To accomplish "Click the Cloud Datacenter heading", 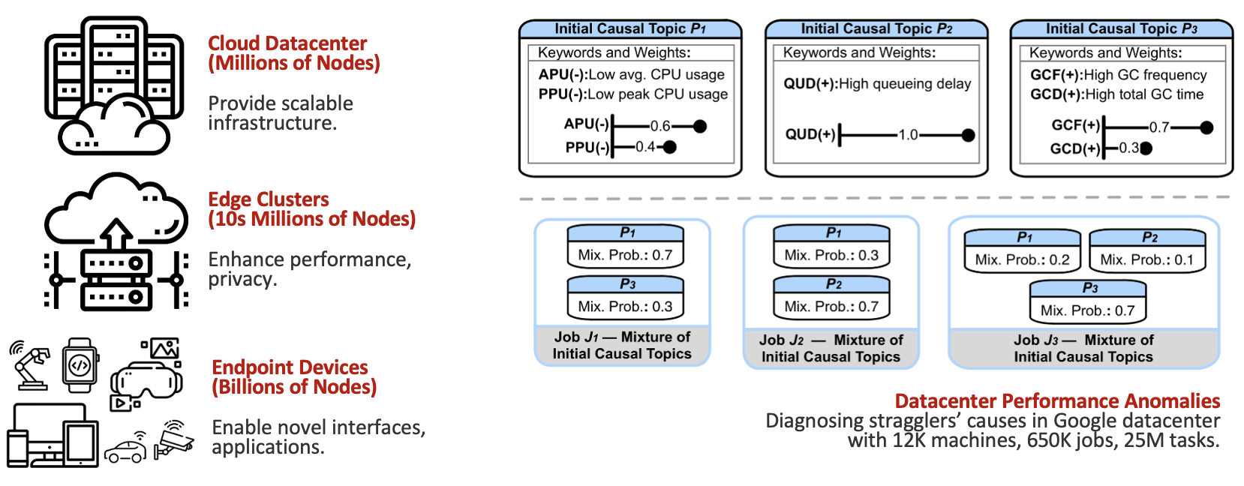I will tap(293, 53).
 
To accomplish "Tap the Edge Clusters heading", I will tap(311, 209).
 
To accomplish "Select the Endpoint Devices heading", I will tap(293, 377).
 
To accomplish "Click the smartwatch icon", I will tap(80, 365).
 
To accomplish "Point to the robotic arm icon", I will tap(30, 364).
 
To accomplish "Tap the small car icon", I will tap(125, 450).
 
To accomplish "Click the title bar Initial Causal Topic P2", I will tap(876, 29).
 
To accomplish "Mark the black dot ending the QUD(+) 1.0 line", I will tap(968, 135).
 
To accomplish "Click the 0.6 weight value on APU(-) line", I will tap(660, 126).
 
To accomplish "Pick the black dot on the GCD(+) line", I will tap(1146, 148).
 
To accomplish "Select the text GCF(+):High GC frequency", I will tap(1118, 75).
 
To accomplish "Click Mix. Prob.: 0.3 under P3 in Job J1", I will tap(625, 306).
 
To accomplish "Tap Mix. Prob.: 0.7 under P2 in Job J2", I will tap(831, 306).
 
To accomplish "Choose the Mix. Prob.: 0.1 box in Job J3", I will tap(1146, 259).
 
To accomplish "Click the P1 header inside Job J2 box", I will tap(831, 233).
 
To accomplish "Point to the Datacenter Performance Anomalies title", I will tap(1056, 401).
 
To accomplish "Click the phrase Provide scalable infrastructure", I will tap(280, 113).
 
